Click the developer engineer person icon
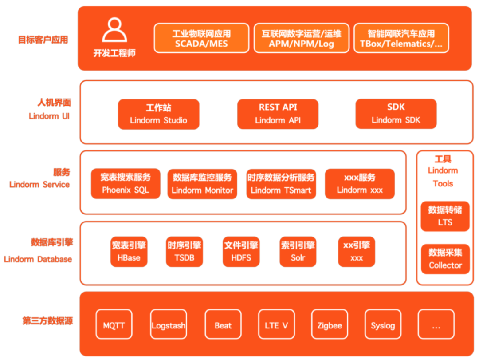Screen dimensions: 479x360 pyautogui.click(x=114, y=30)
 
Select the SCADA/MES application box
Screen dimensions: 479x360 pyautogui.click(x=201, y=38)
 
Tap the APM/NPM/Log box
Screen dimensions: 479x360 pyautogui.click(x=301, y=38)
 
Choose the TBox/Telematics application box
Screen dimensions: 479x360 pyautogui.click(x=401, y=38)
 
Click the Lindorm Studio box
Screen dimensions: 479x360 pyautogui.click(x=158, y=114)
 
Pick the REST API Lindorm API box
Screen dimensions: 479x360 pyautogui.click(x=278, y=114)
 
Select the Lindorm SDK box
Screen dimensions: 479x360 pyautogui.click(x=396, y=114)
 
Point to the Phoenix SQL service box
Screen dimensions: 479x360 pyautogui.click(x=126, y=183)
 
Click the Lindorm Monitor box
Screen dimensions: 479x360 pyautogui.click(x=202, y=183)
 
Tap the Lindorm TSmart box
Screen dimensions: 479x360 pyautogui.click(x=281, y=183)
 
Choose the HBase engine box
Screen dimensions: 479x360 pyautogui.click(x=129, y=252)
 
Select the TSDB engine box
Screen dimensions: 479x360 pyautogui.click(x=184, y=252)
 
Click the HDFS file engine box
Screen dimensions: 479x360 pyautogui.click(x=241, y=252)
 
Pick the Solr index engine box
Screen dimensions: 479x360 pyautogui.click(x=298, y=252)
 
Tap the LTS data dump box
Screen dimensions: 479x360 pyautogui.click(x=445, y=216)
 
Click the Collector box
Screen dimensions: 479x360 pyautogui.click(x=445, y=259)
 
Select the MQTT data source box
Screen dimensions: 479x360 pyautogui.click(x=114, y=325)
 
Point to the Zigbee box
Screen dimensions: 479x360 pyautogui.click(x=330, y=325)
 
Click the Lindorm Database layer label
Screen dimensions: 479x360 pyautogui.click(x=38, y=259)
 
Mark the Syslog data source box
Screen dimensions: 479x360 pyautogui.click(x=383, y=325)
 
